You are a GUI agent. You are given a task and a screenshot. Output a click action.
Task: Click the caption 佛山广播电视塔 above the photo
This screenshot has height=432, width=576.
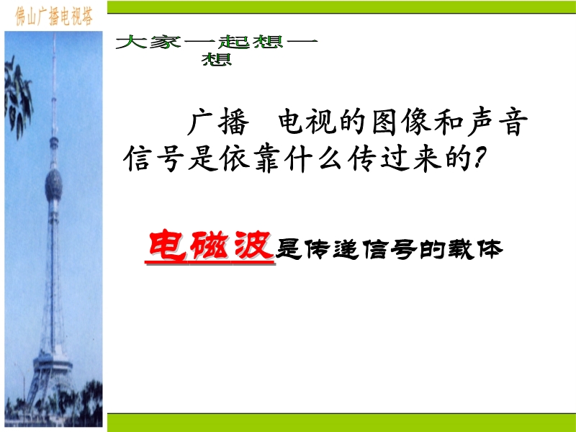coord(53,16)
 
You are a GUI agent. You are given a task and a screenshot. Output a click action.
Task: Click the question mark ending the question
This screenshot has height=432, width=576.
coord(480,158)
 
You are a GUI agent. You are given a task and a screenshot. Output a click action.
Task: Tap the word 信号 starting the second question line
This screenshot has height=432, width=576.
coord(153,158)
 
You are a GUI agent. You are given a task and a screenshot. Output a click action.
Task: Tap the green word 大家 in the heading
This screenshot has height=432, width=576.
coord(148,42)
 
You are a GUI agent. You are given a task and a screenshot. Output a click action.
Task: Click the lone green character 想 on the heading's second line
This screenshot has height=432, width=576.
coord(217,59)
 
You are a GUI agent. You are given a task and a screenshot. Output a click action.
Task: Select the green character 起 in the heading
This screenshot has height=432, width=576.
coord(234,42)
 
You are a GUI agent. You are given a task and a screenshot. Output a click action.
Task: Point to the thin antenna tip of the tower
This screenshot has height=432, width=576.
coord(55,35)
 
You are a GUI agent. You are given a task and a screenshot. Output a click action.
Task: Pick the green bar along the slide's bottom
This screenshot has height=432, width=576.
coord(341,423)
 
